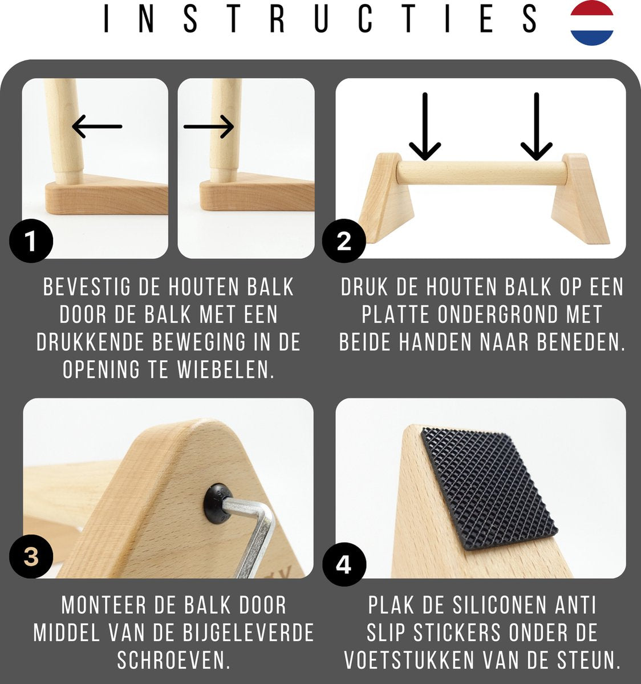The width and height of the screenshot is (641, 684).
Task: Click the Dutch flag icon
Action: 592,23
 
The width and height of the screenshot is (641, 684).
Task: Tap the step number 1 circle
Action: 31,242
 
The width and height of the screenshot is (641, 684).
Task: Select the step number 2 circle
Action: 344,242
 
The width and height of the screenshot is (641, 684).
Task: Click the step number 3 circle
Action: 31,556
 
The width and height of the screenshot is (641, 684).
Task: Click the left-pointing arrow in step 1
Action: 97,126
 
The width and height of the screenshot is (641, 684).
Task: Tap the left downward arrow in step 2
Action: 425,127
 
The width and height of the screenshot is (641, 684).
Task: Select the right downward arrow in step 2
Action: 536,127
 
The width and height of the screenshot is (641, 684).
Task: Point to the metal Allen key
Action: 254,530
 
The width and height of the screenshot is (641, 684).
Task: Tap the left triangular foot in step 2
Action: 386,197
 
